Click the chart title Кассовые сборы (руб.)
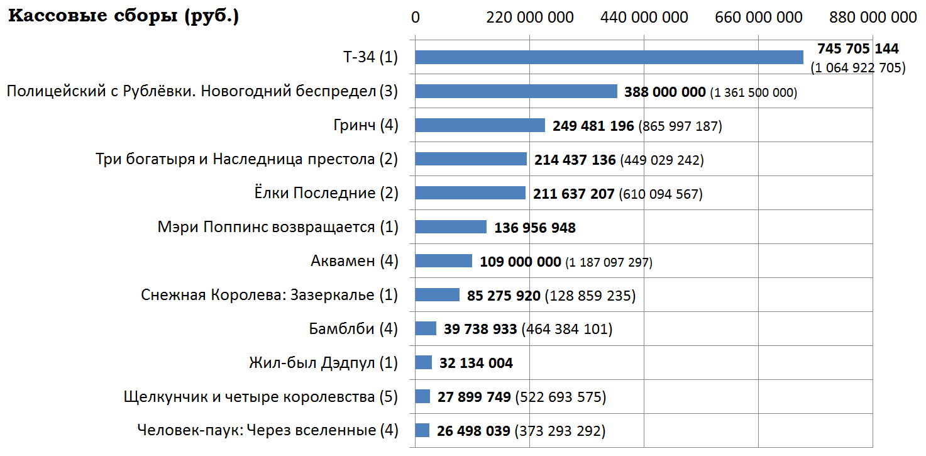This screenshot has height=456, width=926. coord(123,17)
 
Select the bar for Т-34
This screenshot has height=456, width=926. coord(609,57)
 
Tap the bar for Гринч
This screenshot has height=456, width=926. coord(480,125)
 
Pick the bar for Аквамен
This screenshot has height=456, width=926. coord(443,261)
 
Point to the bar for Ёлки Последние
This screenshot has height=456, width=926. coord(470,193)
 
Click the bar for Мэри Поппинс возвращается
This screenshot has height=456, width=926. coord(451,227)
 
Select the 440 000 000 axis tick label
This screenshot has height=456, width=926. coord(644,18)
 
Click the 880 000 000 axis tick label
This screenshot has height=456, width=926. coord(873,18)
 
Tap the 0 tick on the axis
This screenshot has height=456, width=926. coord(415,18)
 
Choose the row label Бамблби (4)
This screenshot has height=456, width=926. coord(353,329)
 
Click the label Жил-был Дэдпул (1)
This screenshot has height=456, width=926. coord(323,363)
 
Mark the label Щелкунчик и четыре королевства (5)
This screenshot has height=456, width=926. coord(261,397)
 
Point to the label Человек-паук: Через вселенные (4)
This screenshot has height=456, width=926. coord(267,431)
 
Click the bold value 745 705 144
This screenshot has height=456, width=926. coord(857,49)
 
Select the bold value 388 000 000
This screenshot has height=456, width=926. coord(664,92)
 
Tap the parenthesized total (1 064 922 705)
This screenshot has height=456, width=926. coord(857,67)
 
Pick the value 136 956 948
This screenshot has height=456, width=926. coord(535,228)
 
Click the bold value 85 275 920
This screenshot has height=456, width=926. coord(504,296)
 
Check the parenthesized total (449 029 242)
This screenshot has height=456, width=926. coord(661,160)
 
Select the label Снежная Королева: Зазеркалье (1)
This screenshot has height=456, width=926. coord(269,295)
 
